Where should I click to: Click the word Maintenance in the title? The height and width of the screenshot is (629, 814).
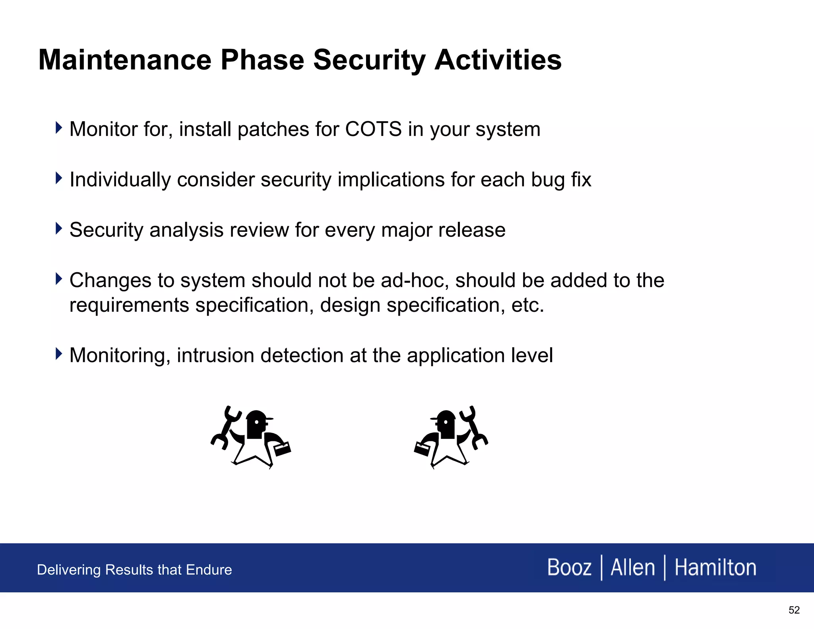point(124,60)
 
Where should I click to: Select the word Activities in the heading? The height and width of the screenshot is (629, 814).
point(498,60)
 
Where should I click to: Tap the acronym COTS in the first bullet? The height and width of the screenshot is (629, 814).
point(373,129)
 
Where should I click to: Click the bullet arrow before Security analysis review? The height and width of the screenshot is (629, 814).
point(59,229)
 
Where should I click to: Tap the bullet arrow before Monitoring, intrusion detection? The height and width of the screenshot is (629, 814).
point(59,353)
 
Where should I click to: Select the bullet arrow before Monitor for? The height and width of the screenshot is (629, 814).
point(59,128)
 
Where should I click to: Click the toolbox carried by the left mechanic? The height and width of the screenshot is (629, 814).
point(283,449)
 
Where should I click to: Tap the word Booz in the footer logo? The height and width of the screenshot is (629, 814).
point(569,567)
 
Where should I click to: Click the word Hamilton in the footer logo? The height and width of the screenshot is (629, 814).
point(715,567)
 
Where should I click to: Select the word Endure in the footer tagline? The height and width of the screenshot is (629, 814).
point(209,570)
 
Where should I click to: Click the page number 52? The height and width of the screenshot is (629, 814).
point(794,610)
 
